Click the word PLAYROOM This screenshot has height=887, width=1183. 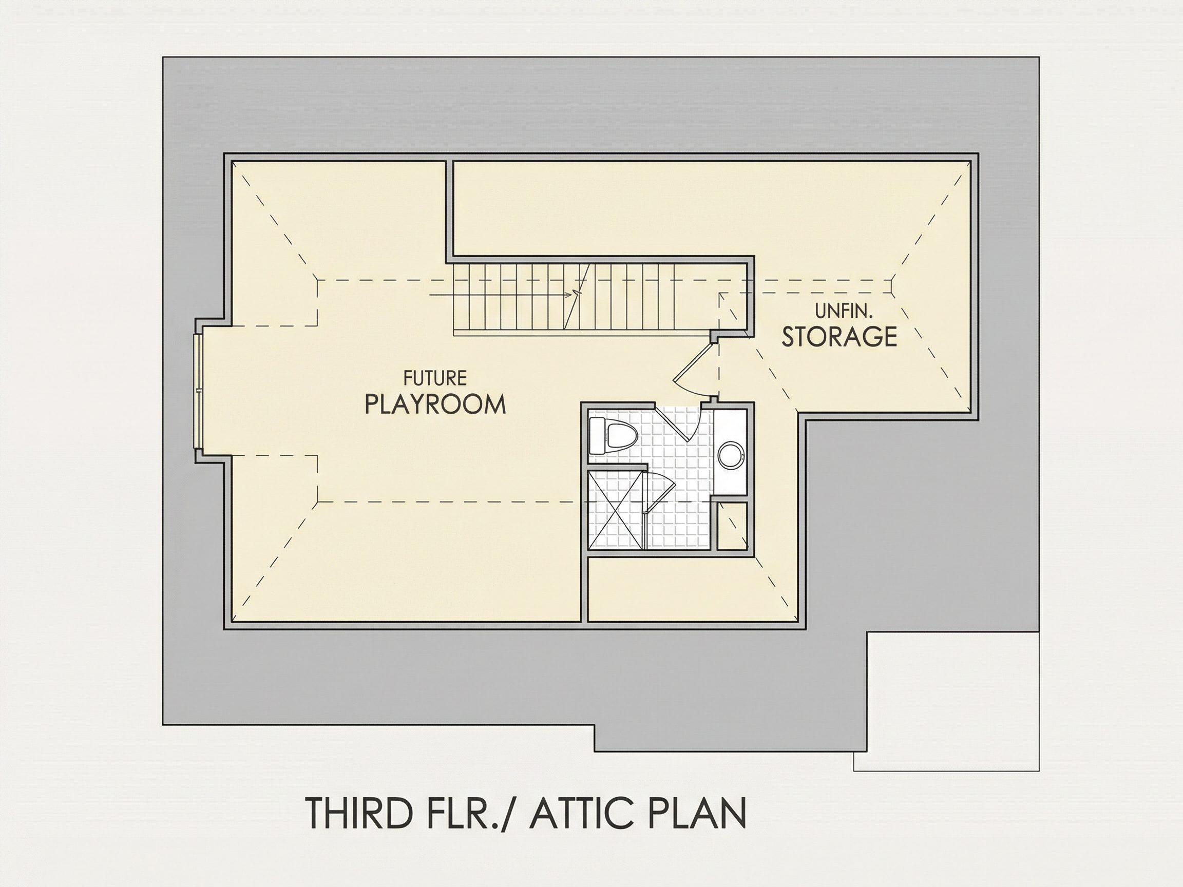click(x=435, y=404)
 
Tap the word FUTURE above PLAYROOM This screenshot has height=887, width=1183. click(x=435, y=378)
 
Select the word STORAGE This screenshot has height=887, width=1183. click(x=839, y=336)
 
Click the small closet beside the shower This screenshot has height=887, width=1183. click(x=732, y=526)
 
